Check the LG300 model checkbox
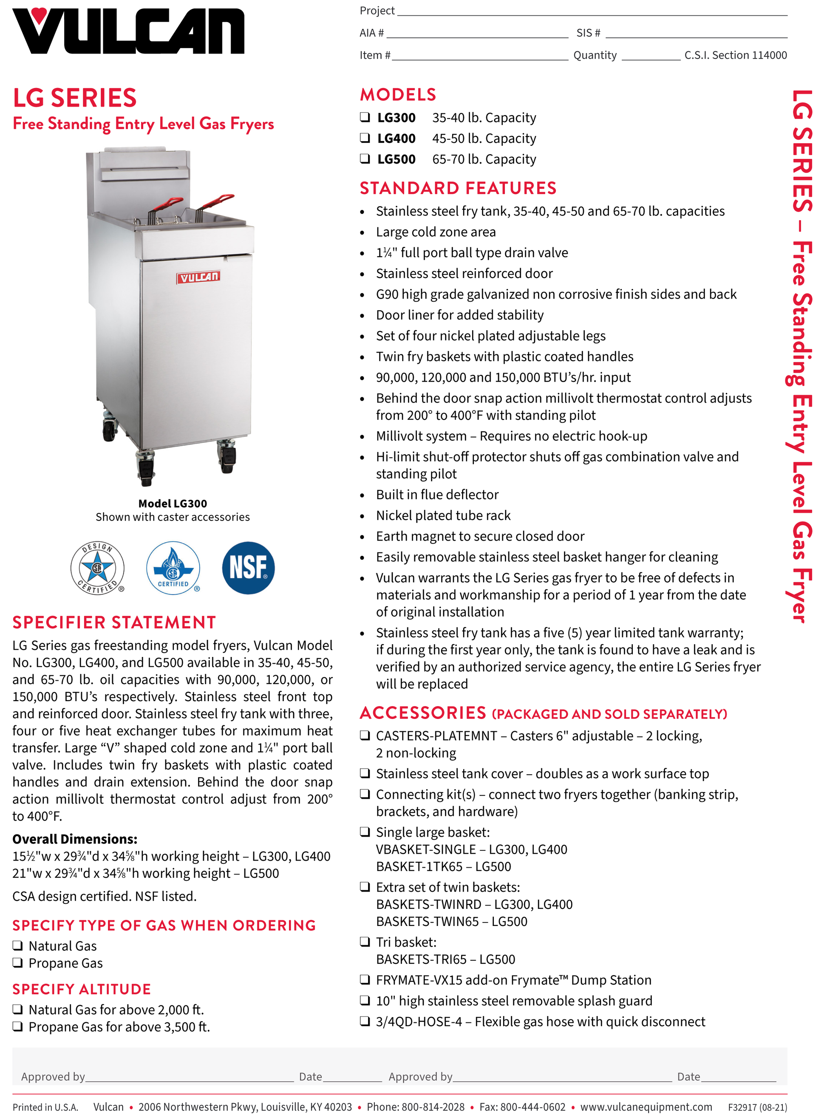365,117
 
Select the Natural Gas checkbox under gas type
17,945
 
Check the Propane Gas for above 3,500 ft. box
17,1026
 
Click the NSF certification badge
248,568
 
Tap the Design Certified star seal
97,568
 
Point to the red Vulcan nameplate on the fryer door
198,277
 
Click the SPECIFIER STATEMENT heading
114,622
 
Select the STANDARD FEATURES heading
458,188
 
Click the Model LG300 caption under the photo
172,504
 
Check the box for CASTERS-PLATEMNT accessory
365,735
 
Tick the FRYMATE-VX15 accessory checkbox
365,979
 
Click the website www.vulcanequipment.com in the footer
646,1107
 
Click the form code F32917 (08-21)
757,1107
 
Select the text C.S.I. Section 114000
735,55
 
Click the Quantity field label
595,55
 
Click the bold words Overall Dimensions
75,839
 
